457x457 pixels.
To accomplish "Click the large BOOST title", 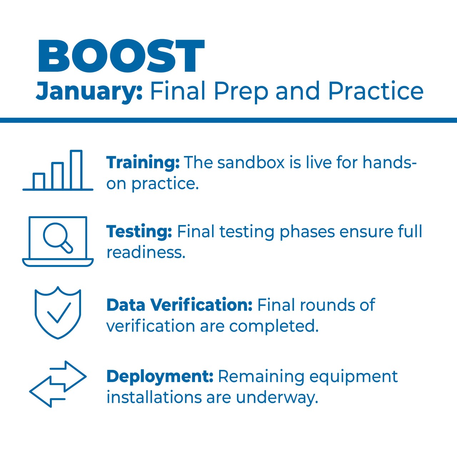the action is click(121, 56).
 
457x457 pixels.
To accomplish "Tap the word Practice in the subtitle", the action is click(376, 91).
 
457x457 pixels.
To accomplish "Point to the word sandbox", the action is click(251, 163).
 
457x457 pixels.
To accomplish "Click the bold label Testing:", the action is click(139, 231).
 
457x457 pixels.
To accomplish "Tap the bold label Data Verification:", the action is click(179, 305).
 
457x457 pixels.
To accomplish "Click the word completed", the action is click(274, 326).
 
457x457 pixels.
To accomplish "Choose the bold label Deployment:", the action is click(160, 377).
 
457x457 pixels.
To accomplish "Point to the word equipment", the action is click(353, 377).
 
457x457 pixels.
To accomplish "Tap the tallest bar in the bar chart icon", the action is click(76, 170).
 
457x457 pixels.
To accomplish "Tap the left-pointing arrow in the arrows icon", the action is click(47, 392).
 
